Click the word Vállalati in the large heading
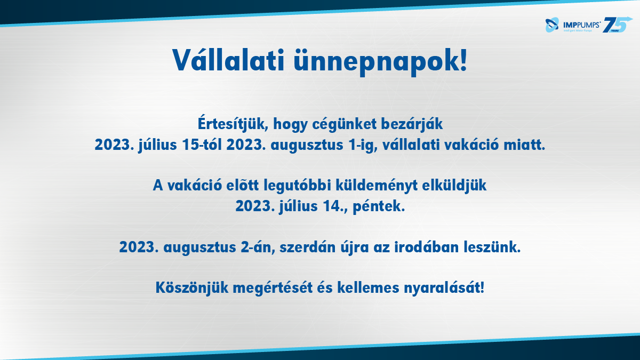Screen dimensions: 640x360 (x=228, y=60)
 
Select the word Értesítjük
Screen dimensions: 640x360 (x=233, y=124)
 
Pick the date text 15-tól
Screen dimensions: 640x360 (x=202, y=145)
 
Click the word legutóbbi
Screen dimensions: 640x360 (x=297, y=186)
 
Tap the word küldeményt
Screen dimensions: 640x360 (x=377, y=186)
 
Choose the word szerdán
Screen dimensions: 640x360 (x=307, y=247)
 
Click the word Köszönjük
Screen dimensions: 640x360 (x=192, y=287)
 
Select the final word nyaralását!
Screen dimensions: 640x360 (x=444, y=287)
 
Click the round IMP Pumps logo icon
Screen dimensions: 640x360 (x=552, y=25)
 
